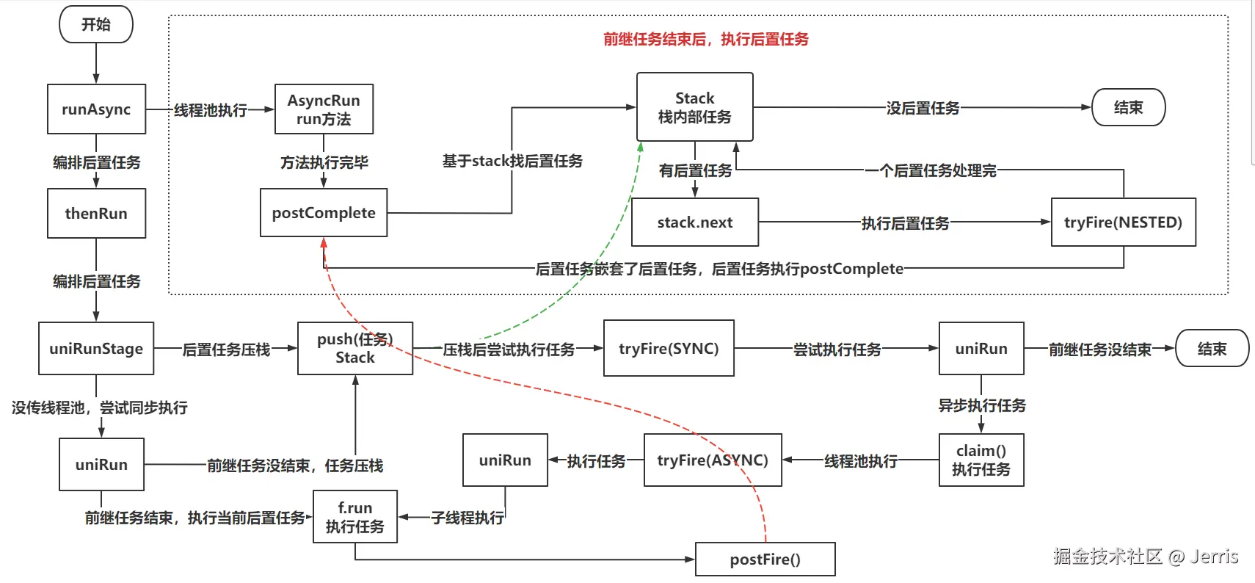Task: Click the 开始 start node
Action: (x=96, y=24)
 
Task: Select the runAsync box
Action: (x=96, y=109)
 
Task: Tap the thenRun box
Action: (x=96, y=213)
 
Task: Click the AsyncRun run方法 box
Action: (x=324, y=109)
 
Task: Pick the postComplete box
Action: (x=324, y=212)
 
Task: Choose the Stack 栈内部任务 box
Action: (x=695, y=106)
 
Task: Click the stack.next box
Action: (x=695, y=222)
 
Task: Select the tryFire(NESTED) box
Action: (x=1124, y=222)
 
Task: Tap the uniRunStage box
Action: (x=96, y=348)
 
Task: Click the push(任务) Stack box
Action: (x=355, y=348)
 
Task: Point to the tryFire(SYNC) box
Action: (x=669, y=348)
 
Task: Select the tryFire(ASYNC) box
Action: (x=713, y=460)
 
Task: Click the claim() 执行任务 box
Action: (x=981, y=460)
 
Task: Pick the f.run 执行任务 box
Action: (x=355, y=516)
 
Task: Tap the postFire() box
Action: (x=765, y=559)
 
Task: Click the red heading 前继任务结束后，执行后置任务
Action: (x=706, y=39)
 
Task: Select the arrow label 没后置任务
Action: (x=923, y=108)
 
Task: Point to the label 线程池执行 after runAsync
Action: (x=211, y=110)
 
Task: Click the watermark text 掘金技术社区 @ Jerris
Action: (x=1145, y=556)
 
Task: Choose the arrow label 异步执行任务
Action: (x=982, y=405)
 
